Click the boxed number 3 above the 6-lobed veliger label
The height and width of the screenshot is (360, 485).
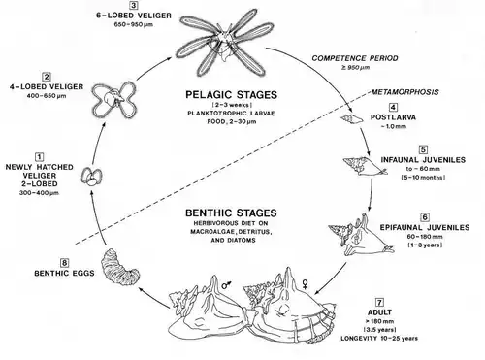133,5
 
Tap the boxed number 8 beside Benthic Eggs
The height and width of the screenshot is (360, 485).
64,263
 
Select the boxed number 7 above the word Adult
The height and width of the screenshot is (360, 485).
379,303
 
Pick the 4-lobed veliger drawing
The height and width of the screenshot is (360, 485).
114,100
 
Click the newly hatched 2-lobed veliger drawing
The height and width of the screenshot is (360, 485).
91,177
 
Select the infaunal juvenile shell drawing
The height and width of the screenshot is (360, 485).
365,166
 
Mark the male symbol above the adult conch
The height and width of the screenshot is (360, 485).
227,284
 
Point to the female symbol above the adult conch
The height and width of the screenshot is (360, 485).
305,284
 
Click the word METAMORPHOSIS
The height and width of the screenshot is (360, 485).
404,92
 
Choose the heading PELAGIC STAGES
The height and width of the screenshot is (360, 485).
231,95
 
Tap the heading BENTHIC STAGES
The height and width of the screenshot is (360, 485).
231,213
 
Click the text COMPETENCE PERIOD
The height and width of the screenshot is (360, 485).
355,58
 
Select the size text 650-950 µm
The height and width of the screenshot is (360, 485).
134,25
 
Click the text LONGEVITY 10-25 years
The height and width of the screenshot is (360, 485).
379,339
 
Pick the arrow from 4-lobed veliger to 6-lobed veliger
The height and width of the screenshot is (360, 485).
154,67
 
